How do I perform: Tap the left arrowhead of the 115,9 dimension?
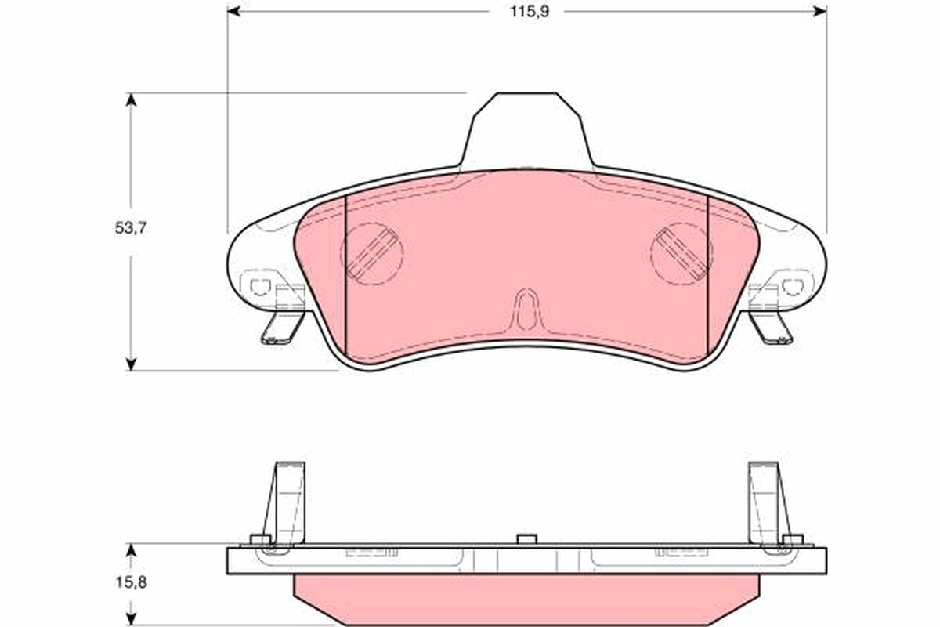tap(233, 11)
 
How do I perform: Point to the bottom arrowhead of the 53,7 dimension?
tap(131, 363)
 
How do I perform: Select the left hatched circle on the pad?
tap(372, 252)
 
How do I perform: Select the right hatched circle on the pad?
tap(681, 252)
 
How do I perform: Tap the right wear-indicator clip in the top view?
tap(772, 327)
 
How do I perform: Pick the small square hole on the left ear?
tap(257, 285)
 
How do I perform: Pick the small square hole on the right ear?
tap(796, 285)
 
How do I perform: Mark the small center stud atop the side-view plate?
tap(526, 539)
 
